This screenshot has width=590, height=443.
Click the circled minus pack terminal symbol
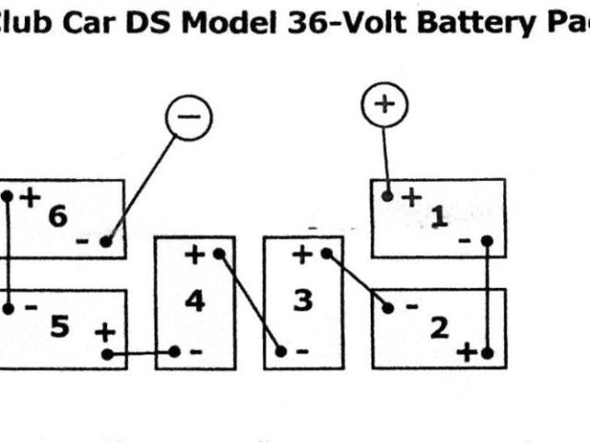tap(189, 119)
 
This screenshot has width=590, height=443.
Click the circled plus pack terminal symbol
tap(381, 104)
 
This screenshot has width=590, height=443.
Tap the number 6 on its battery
tap(57, 217)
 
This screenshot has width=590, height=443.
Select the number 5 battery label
tap(60, 326)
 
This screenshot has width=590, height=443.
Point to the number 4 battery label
tap(195, 302)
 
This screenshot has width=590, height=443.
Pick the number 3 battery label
tap(302, 302)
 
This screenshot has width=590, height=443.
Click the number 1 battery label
tap(440, 218)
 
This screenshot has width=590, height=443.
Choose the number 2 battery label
tap(440, 327)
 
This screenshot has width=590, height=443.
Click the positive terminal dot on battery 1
tap(388, 196)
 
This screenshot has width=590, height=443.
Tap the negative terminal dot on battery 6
tap(106, 242)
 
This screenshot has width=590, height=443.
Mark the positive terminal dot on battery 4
tap(218, 253)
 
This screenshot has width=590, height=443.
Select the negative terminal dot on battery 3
tap(281, 351)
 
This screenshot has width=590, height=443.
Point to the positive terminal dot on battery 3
tap(326, 253)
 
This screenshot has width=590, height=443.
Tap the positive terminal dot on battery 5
tap(107, 353)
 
